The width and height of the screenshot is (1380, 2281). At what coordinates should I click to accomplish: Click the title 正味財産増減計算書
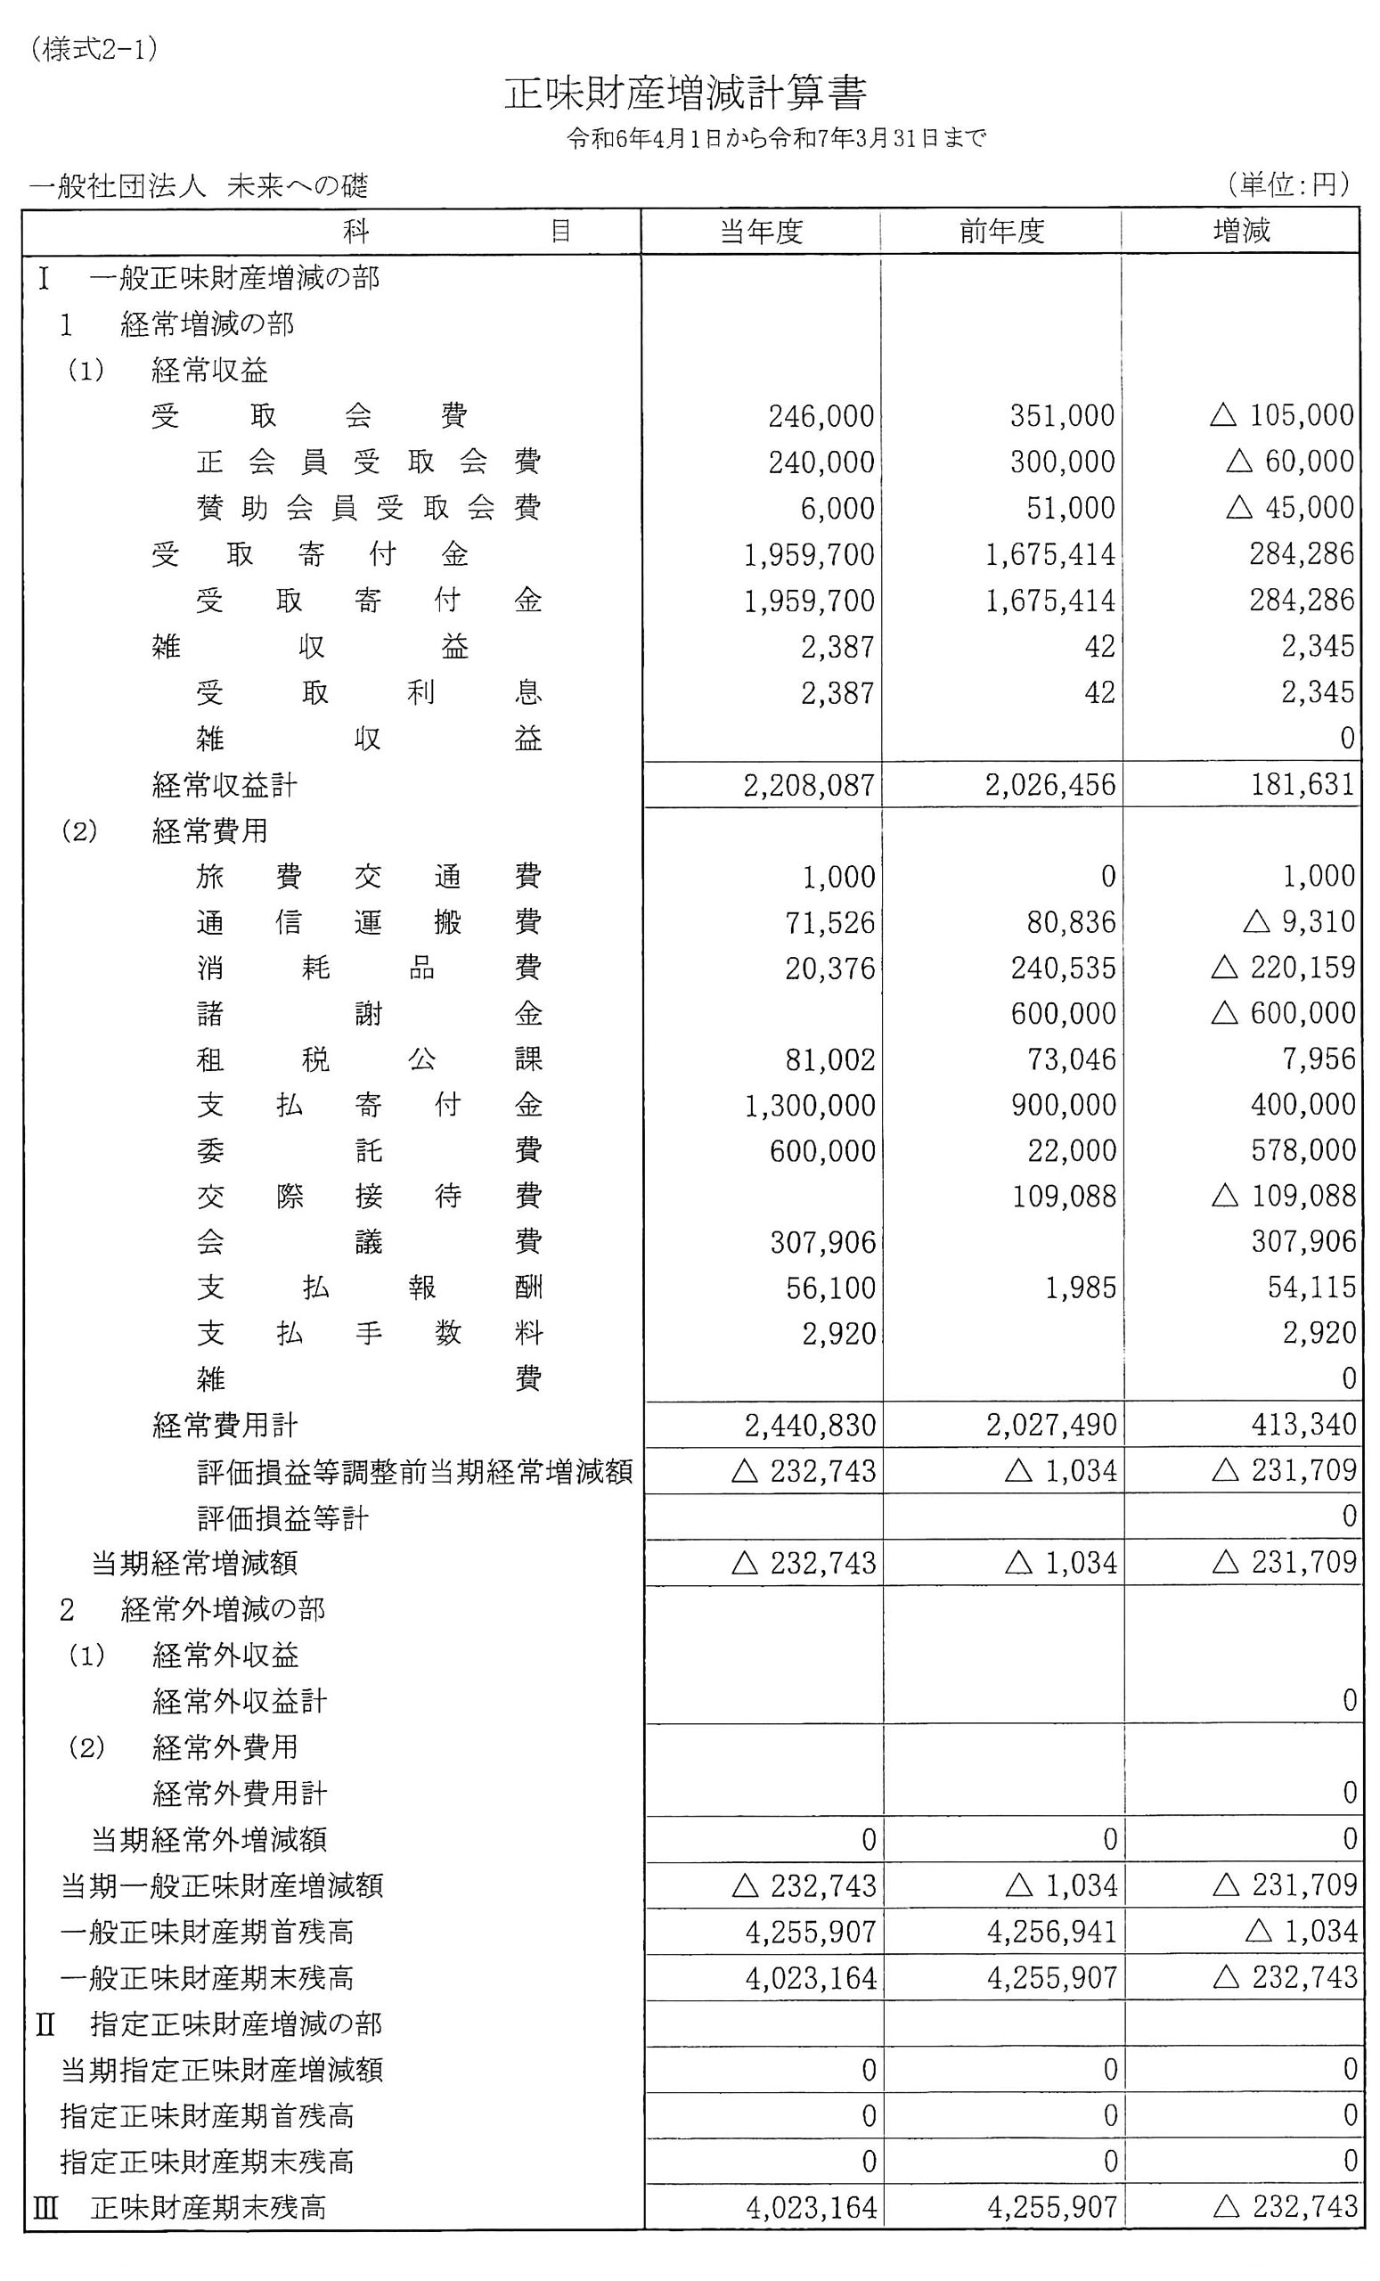coord(685,94)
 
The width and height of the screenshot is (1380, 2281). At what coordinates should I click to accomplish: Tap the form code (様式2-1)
coord(94,49)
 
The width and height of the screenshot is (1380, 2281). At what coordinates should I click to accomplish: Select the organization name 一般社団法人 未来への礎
coord(199,187)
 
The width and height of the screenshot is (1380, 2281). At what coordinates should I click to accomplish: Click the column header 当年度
coord(761,232)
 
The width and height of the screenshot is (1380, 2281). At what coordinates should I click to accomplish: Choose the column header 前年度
coord(1001,232)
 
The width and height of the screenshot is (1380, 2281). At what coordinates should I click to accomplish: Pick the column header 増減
coord(1241,232)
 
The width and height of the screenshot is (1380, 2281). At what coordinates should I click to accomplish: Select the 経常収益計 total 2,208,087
coord(809,786)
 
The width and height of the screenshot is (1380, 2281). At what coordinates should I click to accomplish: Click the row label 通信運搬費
coord(368,922)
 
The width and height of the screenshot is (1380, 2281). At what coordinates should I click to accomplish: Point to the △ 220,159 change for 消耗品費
coord(1283,969)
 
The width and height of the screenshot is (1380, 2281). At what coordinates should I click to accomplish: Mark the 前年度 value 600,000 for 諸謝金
coord(1063,1014)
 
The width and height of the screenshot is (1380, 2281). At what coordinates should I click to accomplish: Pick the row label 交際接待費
coord(368,1196)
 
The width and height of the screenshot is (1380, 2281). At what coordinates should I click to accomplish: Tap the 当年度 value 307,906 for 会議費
coord(823,1242)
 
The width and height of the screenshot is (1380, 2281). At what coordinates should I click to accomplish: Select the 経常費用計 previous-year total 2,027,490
coord(1051,1426)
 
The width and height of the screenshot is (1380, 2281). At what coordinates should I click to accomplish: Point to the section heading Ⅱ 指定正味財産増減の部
coord(208,2023)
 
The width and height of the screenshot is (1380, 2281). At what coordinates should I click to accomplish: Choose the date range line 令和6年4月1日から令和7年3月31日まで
coord(777,139)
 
